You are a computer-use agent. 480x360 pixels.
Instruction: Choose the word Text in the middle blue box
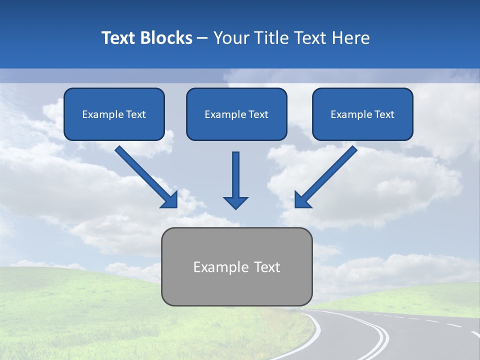coord(258,114)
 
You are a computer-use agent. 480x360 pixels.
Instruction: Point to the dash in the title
coord(202,38)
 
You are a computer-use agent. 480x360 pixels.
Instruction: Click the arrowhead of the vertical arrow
coord(235,202)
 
